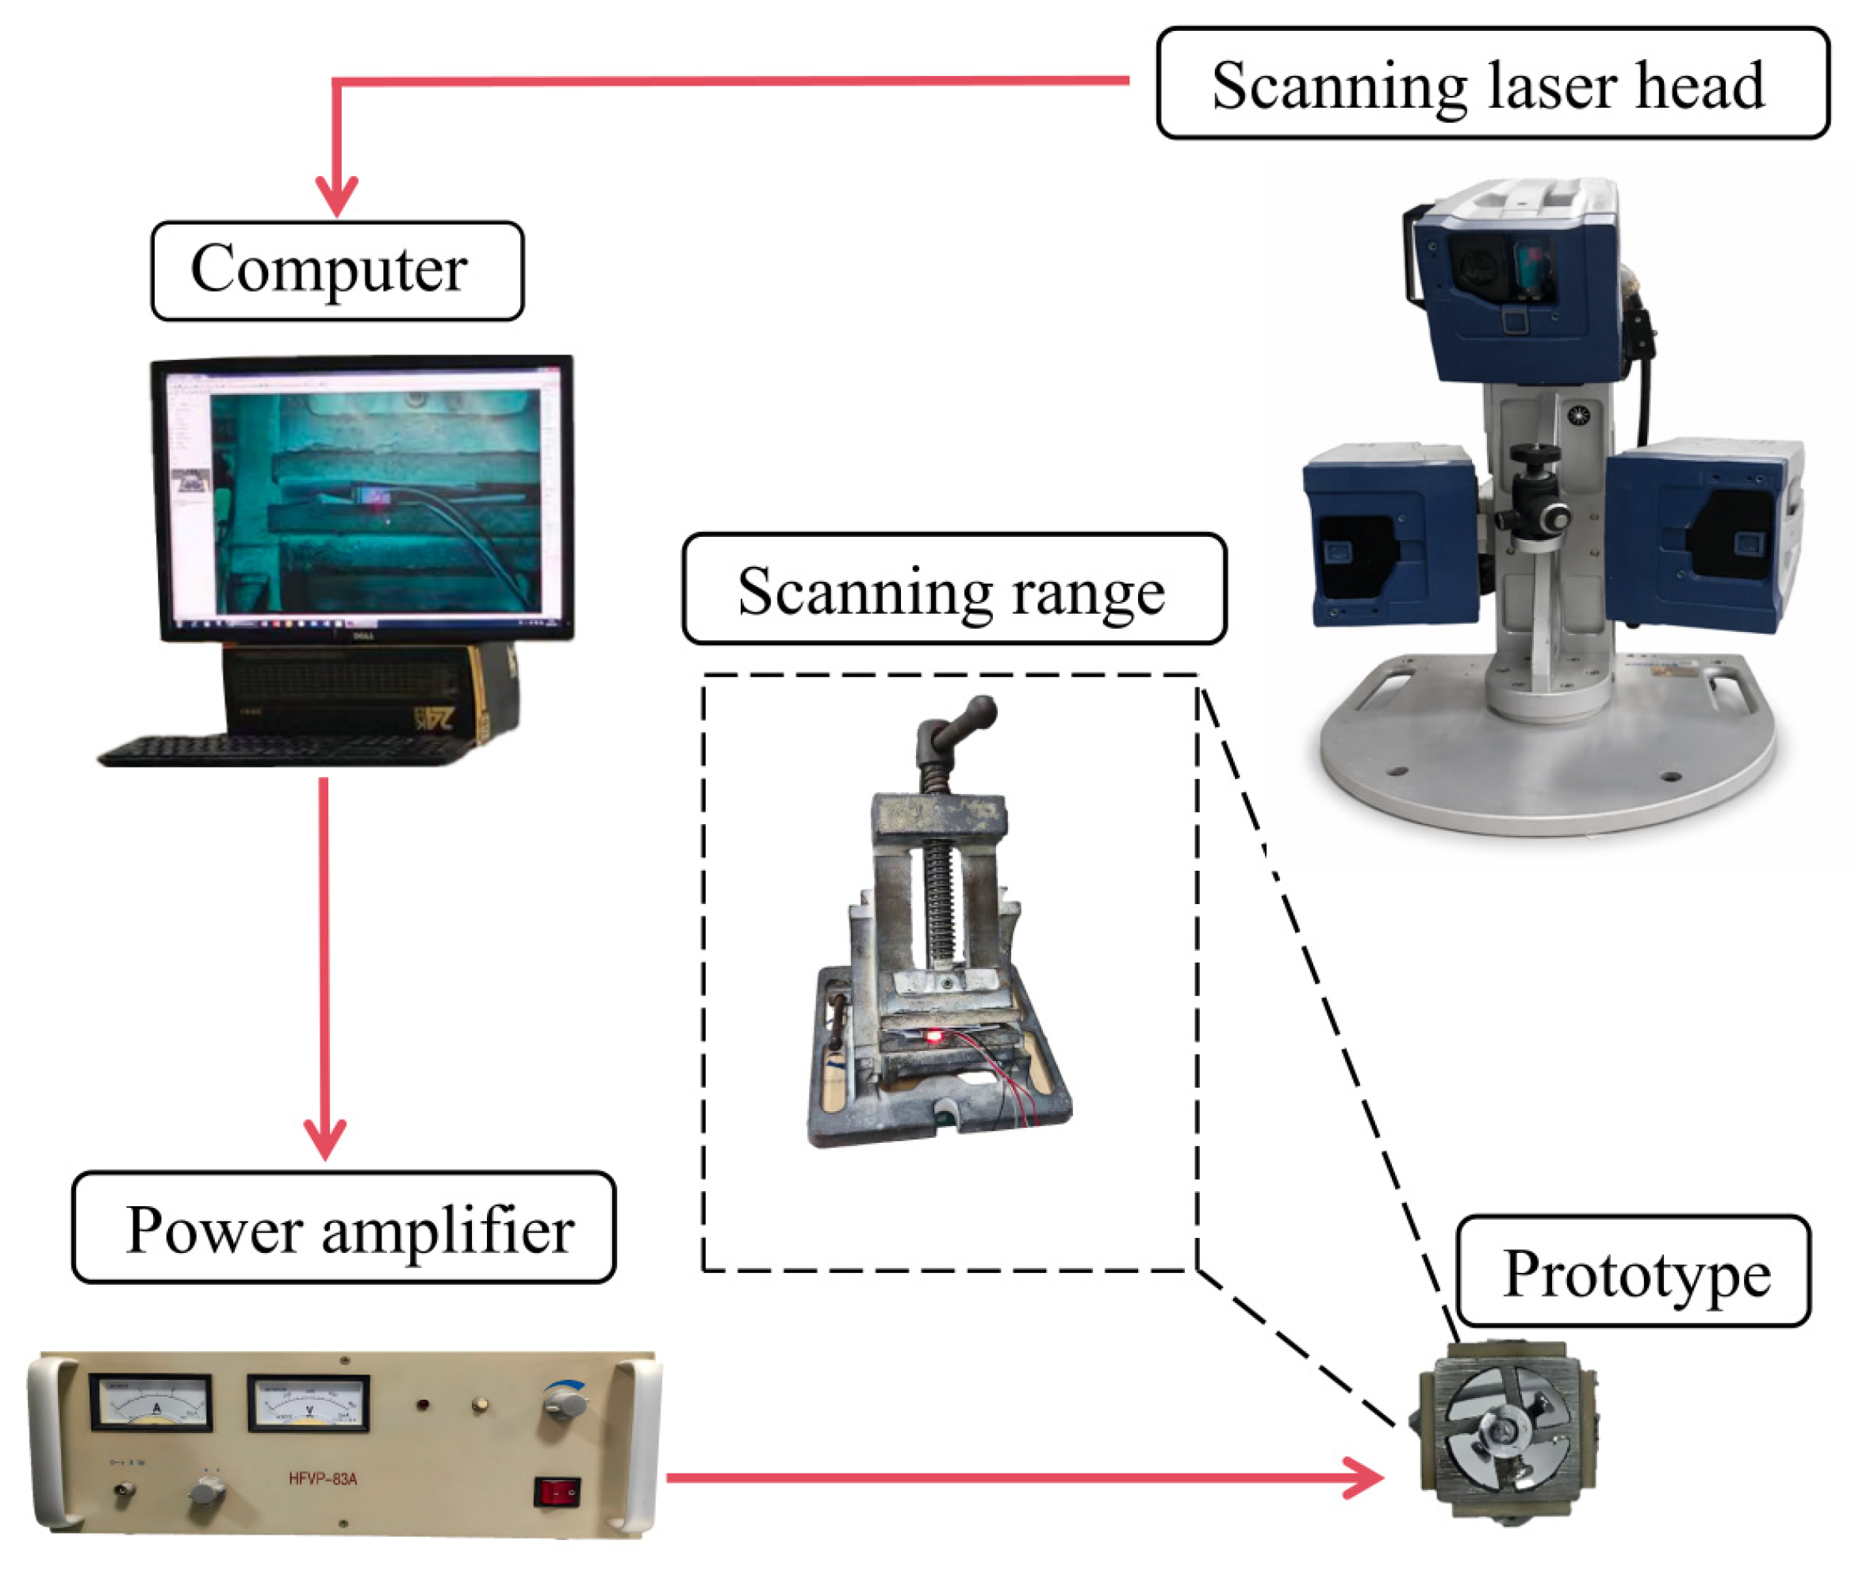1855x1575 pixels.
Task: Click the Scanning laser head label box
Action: point(1491,84)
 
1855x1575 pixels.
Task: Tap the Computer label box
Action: point(336,270)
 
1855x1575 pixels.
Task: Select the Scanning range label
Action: point(953,589)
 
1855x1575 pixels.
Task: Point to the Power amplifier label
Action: point(343,1228)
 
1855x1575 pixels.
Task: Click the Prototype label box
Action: point(1632,1271)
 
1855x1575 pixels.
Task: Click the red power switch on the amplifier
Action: point(557,1491)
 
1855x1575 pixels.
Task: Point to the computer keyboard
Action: point(277,750)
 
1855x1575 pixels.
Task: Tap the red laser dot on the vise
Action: point(933,1037)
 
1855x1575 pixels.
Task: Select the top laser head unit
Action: point(1518,285)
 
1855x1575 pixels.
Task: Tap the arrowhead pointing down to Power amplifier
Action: point(325,1138)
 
